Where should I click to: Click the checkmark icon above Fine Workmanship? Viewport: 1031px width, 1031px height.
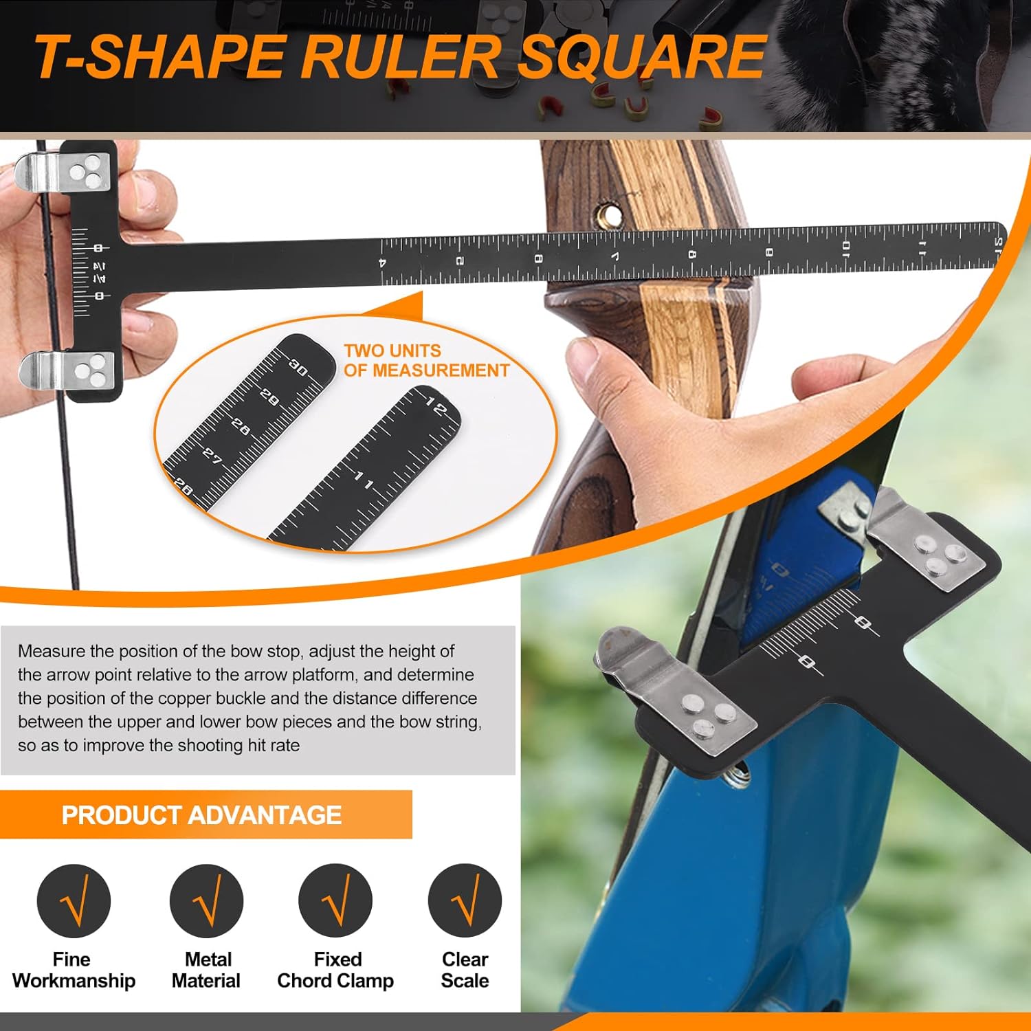tap(74, 900)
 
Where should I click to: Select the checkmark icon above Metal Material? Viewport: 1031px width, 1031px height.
tap(206, 900)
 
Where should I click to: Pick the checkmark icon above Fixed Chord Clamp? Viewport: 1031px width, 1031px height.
tap(335, 900)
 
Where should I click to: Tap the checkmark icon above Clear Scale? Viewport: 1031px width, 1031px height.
tap(465, 900)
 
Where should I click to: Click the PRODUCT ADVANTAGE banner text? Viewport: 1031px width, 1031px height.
tap(201, 815)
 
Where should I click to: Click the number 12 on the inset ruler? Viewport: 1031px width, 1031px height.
tap(436, 407)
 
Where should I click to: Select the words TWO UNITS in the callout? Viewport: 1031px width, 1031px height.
tap(392, 351)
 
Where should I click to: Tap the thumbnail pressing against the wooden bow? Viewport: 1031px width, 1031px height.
tap(581, 358)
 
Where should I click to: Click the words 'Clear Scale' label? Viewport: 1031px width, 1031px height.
tap(465, 970)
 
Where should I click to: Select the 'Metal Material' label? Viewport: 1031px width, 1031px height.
tap(206, 970)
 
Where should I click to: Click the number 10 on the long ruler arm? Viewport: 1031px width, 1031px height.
tap(846, 248)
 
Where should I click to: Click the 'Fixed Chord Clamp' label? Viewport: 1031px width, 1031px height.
tap(335, 970)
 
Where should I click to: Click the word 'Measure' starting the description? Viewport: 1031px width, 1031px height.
tap(52, 651)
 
